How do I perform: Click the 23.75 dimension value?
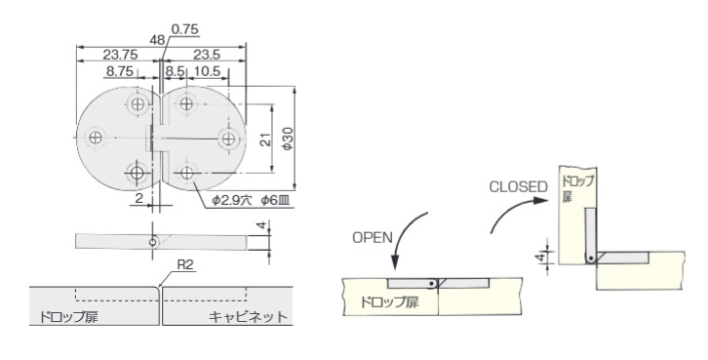pyautogui.click(x=120, y=55)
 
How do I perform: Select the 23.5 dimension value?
pyautogui.click(x=207, y=55)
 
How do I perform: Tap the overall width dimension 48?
pyautogui.click(x=158, y=40)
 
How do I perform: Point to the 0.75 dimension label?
pyautogui.click(x=184, y=29)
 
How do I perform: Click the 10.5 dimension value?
pyautogui.click(x=207, y=71)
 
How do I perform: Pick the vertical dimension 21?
pyautogui.click(x=266, y=140)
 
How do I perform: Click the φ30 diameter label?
pyautogui.click(x=288, y=139)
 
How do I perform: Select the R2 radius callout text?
pyautogui.click(x=184, y=264)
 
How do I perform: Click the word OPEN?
pyautogui.click(x=373, y=238)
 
